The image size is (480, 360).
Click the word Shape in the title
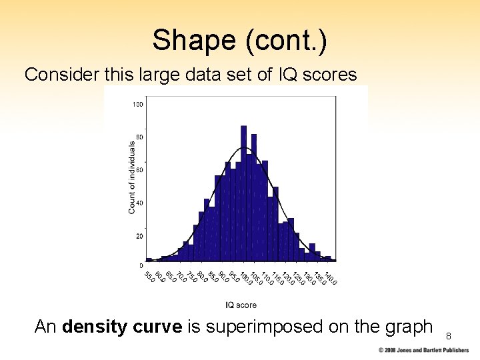coord(194,41)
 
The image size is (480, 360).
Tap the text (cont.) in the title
coord(287,41)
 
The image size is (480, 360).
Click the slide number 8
coord(449,336)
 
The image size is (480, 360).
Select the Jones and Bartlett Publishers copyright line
coord(423,350)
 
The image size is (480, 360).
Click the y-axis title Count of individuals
coord(132,177)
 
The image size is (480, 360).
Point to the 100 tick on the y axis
coord(137,104)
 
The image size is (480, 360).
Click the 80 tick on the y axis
coord(139,137)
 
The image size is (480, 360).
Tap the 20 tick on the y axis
coord(139,236)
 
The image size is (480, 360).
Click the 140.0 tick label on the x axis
coord(331,275)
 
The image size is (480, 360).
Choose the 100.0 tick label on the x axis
coord(245,276)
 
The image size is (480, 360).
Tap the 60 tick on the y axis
coord(139,170)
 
